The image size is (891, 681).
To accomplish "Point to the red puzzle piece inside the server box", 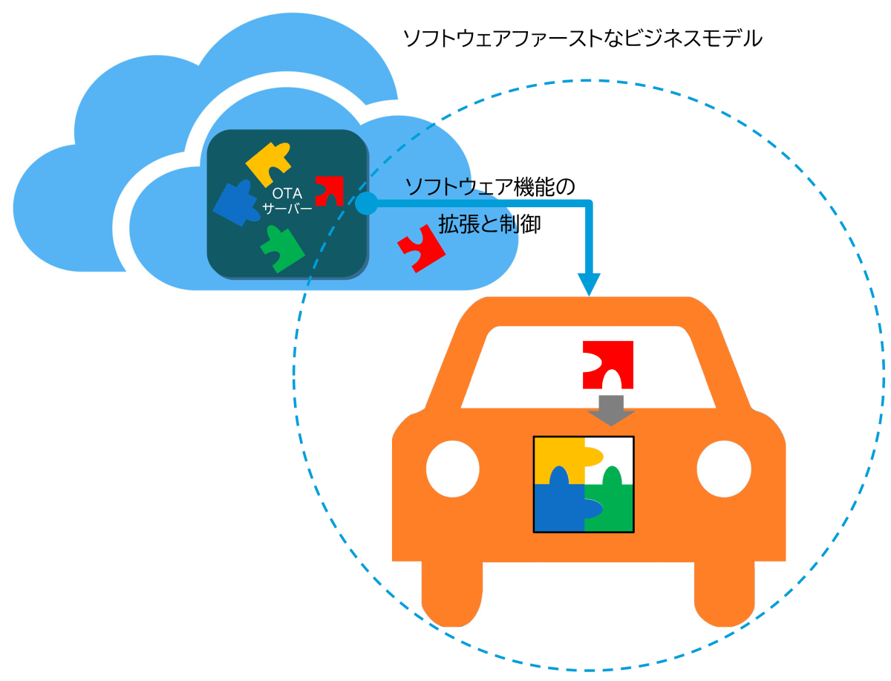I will pyautogui.click(x=327, y=190).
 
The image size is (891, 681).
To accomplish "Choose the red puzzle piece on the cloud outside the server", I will pyautogui.click(x=420, y=248).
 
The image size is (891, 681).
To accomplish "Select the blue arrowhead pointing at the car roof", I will pyautogui.click(x=590, y=284).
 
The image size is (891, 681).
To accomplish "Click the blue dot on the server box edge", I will pyautogui.click(x=366, y=202).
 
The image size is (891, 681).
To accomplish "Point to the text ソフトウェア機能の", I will pyautogui.click(x=490, y=186).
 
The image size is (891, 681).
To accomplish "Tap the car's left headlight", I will pyautogui.click(x=453, y=469).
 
